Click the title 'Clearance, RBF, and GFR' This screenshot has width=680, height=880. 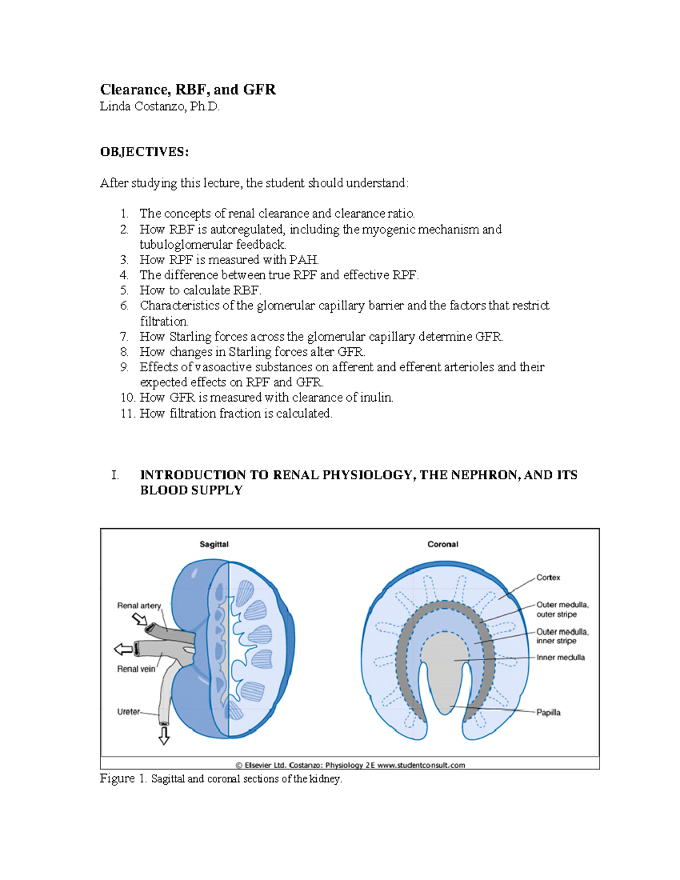click(x=188, y=90)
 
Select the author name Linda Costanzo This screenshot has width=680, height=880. click(x=159, y=107)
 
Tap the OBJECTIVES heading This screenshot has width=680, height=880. click(x=144, y=152)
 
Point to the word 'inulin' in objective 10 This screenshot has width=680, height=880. click(x=375, y=398)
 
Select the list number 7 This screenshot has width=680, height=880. click(x=124, y=337)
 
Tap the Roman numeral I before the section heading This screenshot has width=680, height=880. click(x=115, y=475)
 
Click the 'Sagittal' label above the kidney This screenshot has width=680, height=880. click(x=214, y=545)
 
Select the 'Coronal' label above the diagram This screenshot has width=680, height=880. click(x=443, y=545)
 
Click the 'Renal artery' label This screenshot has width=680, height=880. click(x=139, y=606)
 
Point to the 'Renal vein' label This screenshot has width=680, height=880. click(x=136, y=669)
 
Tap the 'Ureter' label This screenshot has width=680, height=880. click(x=128, y=712)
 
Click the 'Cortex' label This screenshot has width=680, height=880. click(x=548, y=578)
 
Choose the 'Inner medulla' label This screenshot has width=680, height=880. click(x=560, y=658)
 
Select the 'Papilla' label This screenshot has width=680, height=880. click(x=548, y=713)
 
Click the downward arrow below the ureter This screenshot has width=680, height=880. click(x=164, y=736)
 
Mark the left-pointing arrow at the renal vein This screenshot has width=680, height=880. click(x=123, y=649)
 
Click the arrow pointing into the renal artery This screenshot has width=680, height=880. click(x=139, y=619)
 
